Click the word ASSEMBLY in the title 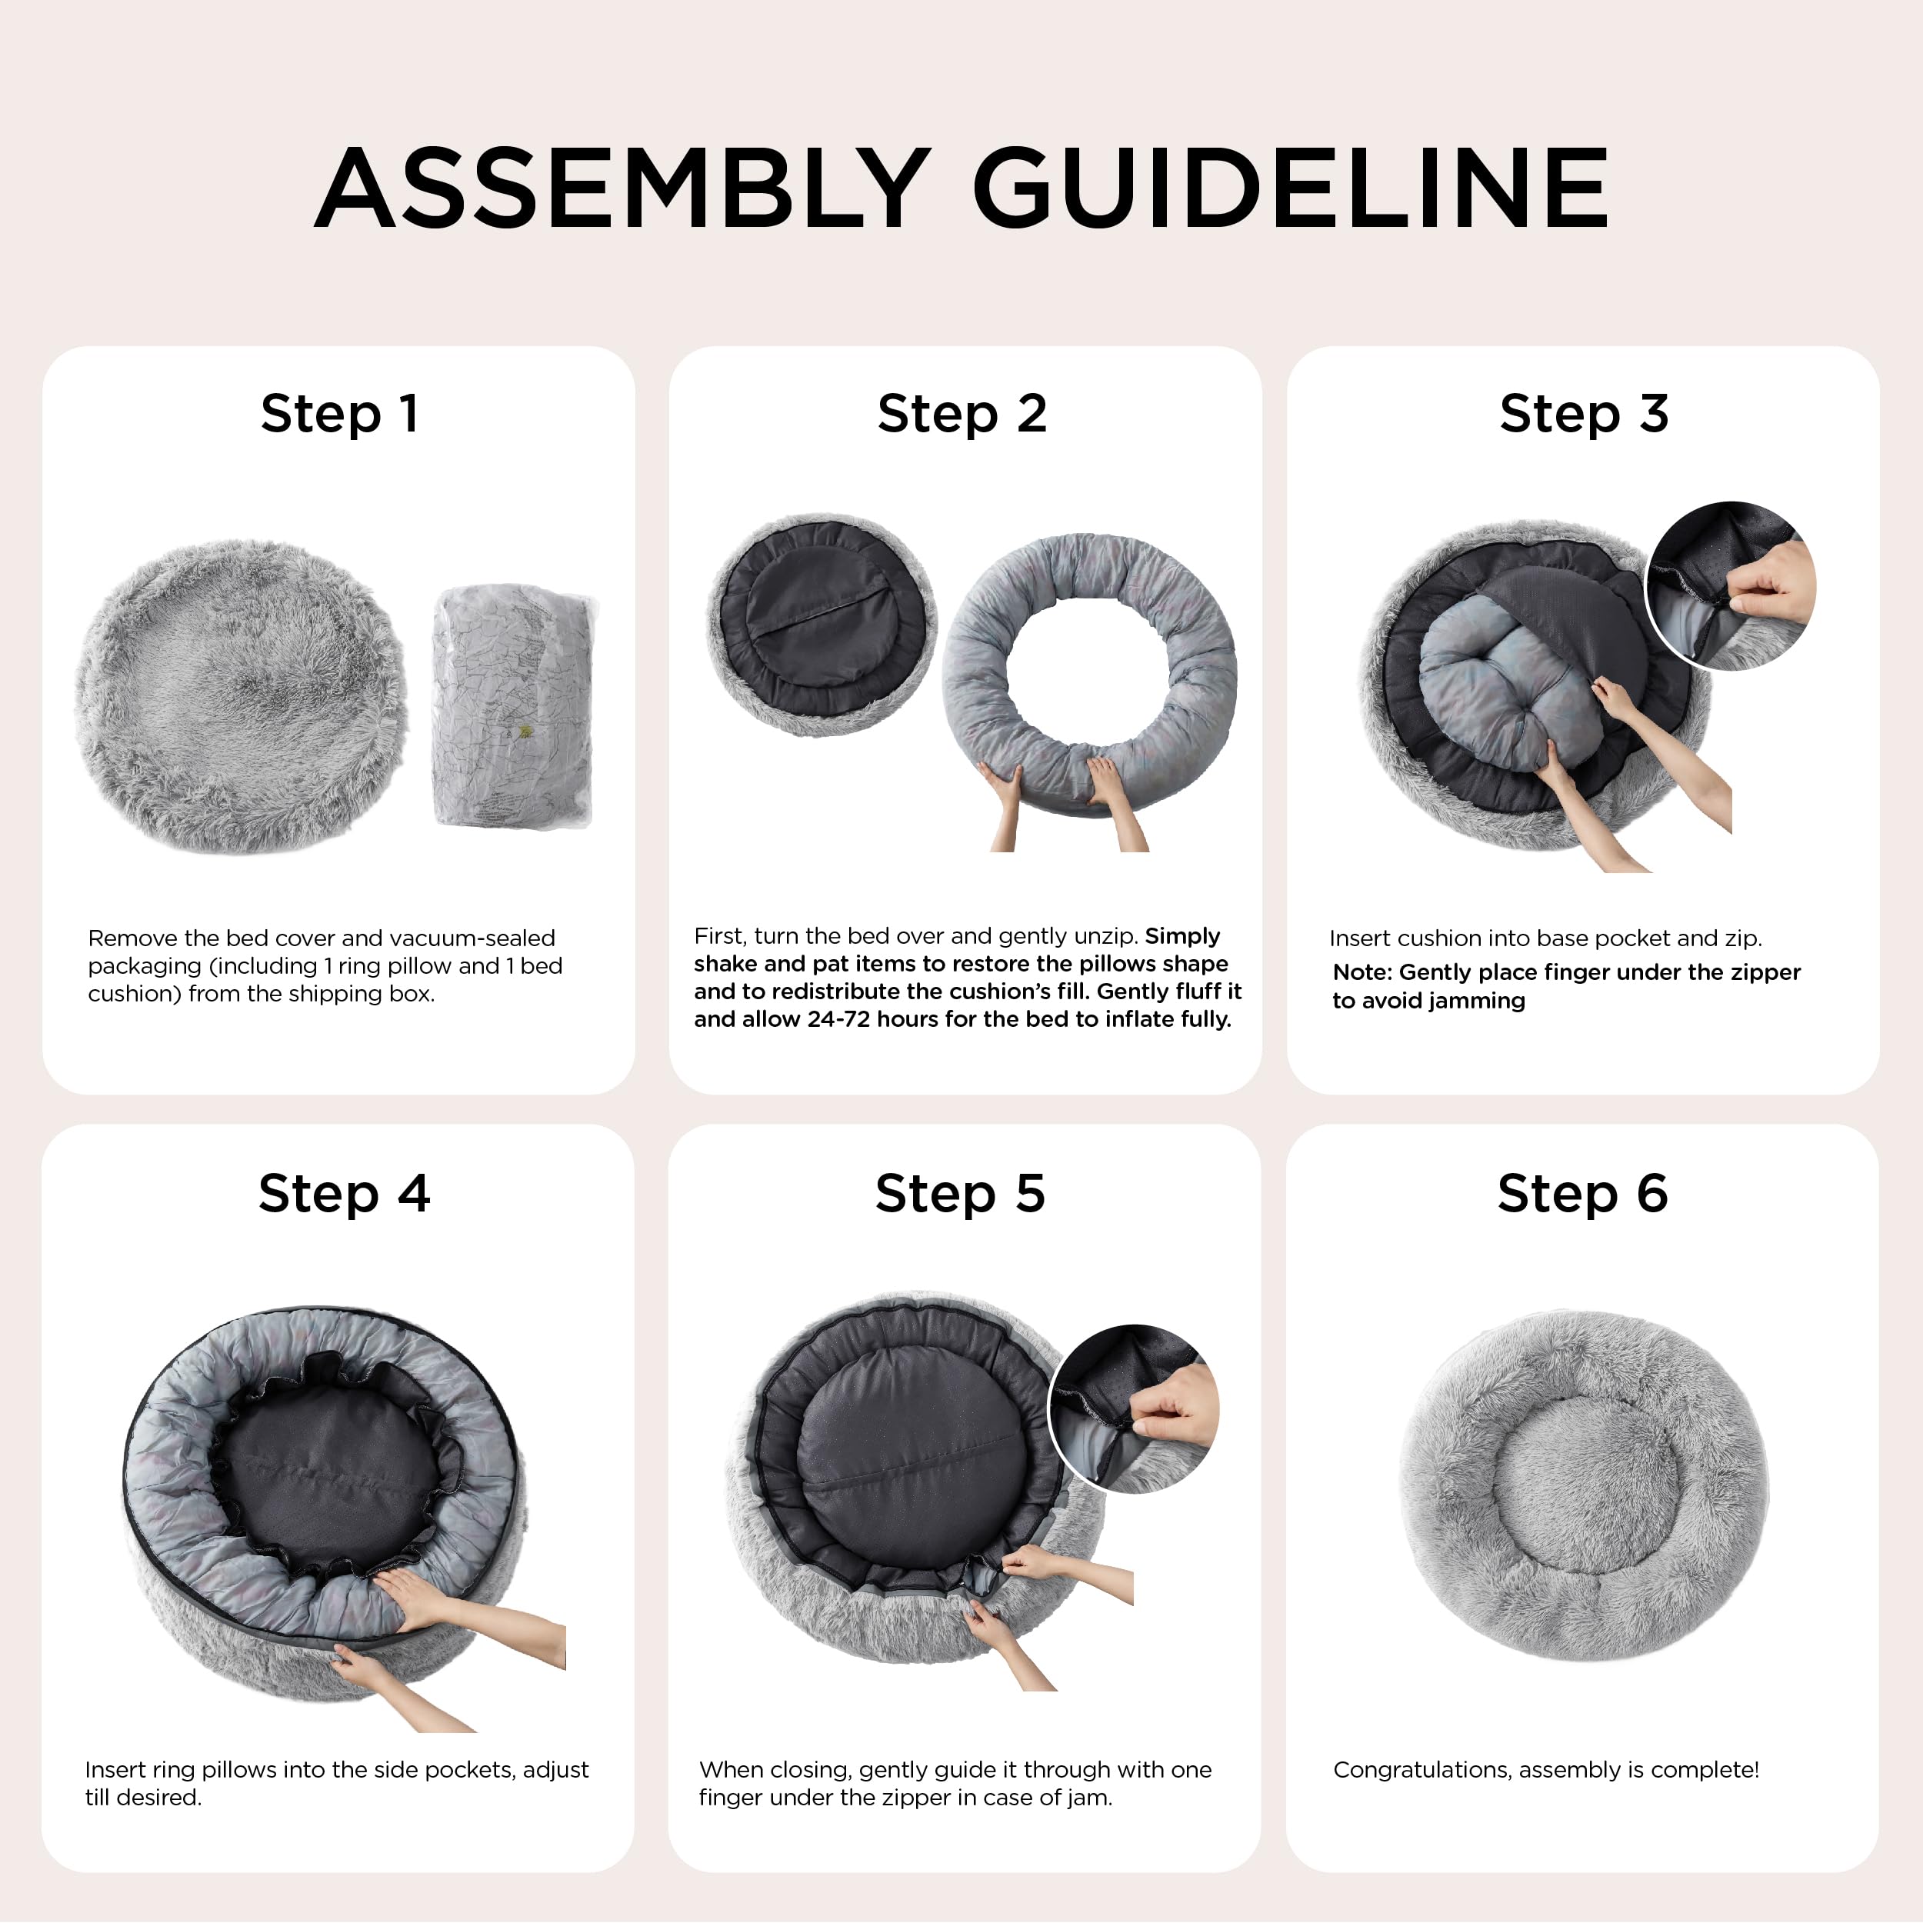(x=622, y=188)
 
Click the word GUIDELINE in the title (x=1291, y=188)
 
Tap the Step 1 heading (x=339, y=414)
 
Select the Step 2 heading (x=961, y=414)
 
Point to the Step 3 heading (x=1584, y=414)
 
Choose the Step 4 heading (x=343, y=1194)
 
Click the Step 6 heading (x=1582, y=1194)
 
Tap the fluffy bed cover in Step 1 (x=241, y=697)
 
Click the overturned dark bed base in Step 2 (x=822, y=625)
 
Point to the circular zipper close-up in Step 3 (x=1731, y=586)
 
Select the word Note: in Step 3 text (x=1362, y=972)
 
